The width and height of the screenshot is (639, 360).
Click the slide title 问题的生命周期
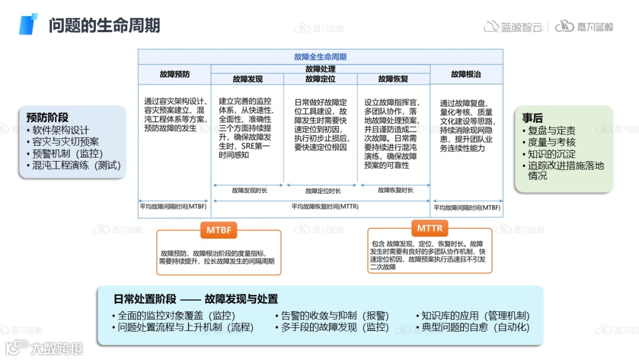[104, 25]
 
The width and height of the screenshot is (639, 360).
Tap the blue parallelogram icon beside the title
[28, 24]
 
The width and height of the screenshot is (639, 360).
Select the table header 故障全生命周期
[320, 57]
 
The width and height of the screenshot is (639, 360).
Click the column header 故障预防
[175, 75]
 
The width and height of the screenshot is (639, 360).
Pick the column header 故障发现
[247, 79]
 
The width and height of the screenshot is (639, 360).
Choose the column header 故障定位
[320, 79]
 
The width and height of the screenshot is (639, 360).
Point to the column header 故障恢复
[393, 79]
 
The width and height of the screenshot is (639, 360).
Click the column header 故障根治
[466, 75]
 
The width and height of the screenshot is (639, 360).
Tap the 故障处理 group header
[320, 69]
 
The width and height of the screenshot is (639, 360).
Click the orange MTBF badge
[219, 229]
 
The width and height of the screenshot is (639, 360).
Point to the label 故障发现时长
[249, 191]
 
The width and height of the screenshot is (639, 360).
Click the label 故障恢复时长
[395, 190]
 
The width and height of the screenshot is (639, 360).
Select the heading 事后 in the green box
[532, 118]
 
